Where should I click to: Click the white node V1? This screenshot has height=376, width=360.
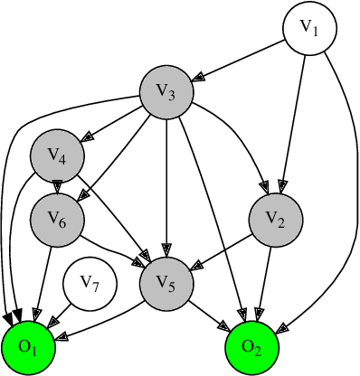coord(310,31)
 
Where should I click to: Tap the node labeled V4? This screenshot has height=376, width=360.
coord(57,155)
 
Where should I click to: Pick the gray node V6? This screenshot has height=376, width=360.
coord(57,218)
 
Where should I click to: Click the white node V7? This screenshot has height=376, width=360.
coord(89,284)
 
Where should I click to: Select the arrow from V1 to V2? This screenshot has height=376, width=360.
coord(293,122)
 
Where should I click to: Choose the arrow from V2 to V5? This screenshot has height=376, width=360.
coord(220,249)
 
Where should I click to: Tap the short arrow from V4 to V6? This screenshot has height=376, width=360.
coord(57,186)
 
